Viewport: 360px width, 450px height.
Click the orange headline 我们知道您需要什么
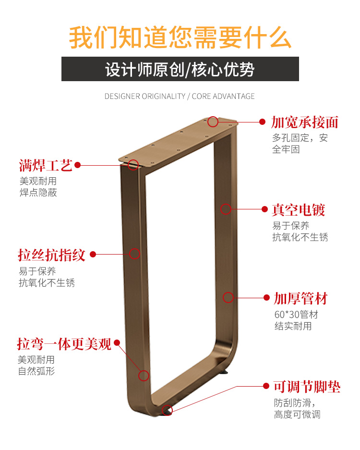tap(180, 37)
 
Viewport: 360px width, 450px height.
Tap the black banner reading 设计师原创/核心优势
tap(180, 69)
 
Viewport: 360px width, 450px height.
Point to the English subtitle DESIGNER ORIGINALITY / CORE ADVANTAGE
tap(180, 96)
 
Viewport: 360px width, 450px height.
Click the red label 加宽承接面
tap(305, 122)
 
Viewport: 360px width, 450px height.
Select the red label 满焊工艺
tap(46, 166)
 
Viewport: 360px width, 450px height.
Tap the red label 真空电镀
tap(299, 210)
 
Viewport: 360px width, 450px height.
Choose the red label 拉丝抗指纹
tap(51, 255)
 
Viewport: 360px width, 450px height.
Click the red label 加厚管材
tap(300, 298)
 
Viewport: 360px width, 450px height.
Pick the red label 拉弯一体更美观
tap(64, 344)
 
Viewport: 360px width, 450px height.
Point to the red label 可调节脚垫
tap(307, 387)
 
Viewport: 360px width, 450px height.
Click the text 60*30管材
tap(296, 315)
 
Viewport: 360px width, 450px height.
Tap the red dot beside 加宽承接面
tap(263, 122)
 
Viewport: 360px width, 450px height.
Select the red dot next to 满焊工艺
tap(77, 165)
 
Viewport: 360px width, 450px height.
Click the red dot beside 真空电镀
tap(264, 209)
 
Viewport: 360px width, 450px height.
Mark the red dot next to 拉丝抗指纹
tap(93, 254)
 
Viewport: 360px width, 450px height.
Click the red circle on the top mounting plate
tap(213, 122)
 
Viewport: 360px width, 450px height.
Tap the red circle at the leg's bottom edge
tap(167, 410)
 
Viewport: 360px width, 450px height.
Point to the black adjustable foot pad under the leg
tap(225, 372)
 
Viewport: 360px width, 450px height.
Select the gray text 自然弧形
tap(36, 371)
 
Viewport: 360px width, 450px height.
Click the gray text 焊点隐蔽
tap(38, 193)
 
